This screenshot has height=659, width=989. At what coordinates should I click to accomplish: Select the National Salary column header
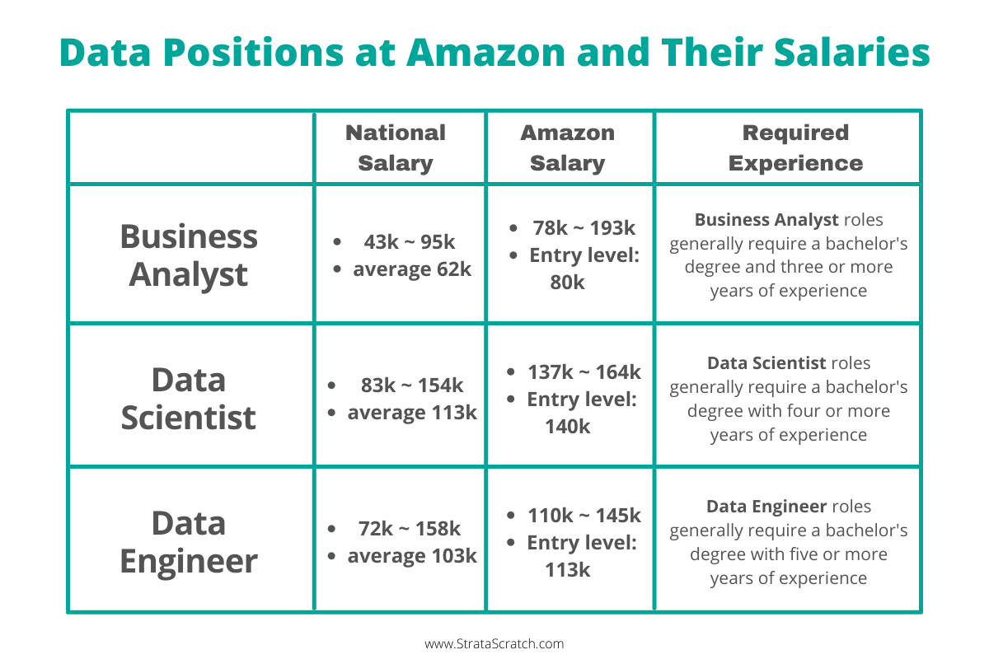coord(396,147)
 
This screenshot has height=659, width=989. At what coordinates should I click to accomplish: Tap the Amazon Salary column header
coord(568,147)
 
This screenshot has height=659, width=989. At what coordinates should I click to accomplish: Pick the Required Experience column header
coord(795,147)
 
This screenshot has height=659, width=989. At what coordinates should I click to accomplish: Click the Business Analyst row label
coord(189,255)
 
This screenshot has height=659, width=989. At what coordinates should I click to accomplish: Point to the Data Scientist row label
coord(189,399)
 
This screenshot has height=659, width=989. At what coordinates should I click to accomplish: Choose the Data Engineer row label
coord(189,542)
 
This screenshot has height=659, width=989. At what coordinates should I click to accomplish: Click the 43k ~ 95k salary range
coord(409,242)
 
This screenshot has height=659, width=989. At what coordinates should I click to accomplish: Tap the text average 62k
coord(412,269)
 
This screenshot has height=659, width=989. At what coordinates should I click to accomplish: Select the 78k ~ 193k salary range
coord(583,228)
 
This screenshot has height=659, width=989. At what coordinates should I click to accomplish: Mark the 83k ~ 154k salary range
coord(412,386)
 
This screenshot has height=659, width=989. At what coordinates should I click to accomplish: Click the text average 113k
coord(412,413)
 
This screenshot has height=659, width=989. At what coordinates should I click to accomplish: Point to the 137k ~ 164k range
coord(584,372)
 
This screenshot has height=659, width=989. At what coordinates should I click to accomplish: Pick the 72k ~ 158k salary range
coord(410,529)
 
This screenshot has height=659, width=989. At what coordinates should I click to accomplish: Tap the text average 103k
coord(412,556)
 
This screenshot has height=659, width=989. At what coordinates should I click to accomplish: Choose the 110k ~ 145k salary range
coord(584,516)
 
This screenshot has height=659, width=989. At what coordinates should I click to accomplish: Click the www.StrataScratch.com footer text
coord(494,644)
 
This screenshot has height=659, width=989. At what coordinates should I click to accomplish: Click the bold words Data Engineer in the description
coord(766,507)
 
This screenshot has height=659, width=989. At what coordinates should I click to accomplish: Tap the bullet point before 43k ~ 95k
coord(337,243)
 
